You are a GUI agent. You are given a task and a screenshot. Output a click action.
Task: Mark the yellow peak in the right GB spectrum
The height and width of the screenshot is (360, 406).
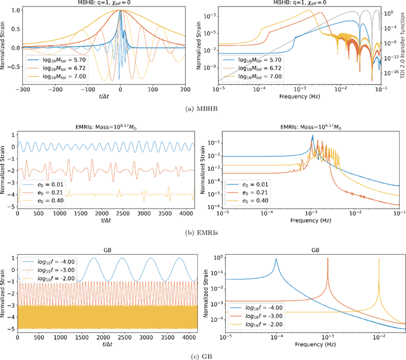(379, 259)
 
